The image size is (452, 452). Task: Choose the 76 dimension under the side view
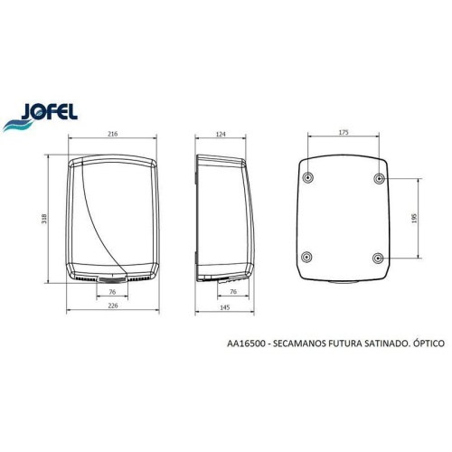233,292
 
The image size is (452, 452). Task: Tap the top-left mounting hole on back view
308,177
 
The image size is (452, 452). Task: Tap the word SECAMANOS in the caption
305,344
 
